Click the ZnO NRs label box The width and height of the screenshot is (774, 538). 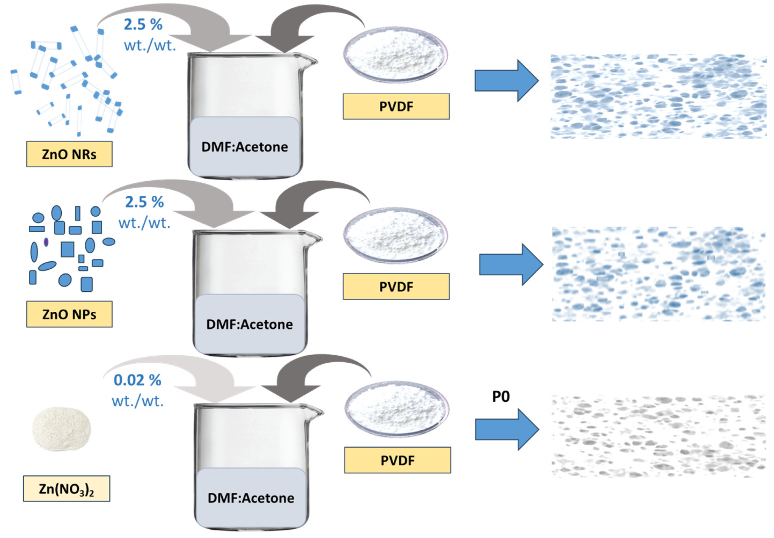click(69, 154)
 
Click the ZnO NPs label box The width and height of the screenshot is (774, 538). click(69, 314)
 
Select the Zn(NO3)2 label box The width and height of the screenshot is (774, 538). click(66, 489)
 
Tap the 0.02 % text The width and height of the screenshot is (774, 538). click(137, 380)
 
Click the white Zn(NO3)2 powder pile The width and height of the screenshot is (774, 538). click(61, 429)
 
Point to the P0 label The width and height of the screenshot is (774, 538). click(501, 396)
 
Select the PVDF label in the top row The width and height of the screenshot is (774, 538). click(396, 106)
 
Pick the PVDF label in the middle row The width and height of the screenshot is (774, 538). click(396, 287)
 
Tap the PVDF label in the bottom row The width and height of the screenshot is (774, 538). click(398, 460)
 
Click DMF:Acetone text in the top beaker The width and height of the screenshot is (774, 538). click(244, 147)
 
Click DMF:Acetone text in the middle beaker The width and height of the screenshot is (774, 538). click(249, 324)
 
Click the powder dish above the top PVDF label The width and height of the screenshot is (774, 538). click(395, 54)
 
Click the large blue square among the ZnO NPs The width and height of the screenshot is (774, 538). click(67, 249)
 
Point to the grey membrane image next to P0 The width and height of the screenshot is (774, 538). click(658, 436)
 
